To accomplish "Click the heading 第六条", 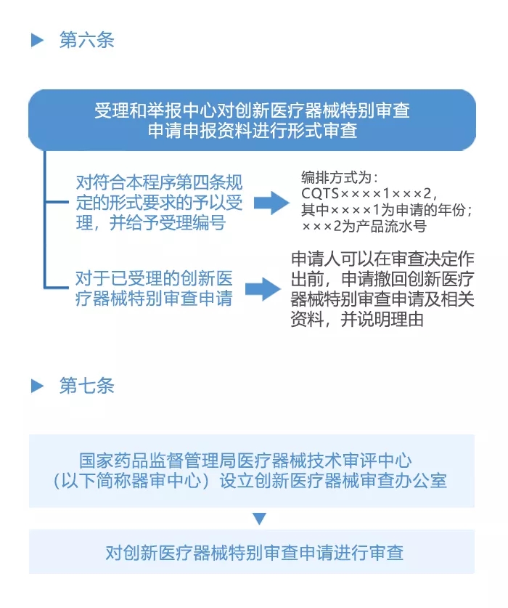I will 86,40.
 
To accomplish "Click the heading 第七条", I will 86,386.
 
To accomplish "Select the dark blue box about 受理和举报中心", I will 252,121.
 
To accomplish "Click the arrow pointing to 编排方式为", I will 271,203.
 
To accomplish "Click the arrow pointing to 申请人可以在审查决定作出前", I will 262,289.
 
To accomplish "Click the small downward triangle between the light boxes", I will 260,519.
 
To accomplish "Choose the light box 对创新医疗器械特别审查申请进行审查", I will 252,552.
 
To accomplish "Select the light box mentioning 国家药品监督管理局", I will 252,470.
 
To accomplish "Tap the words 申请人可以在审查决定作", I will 382,260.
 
